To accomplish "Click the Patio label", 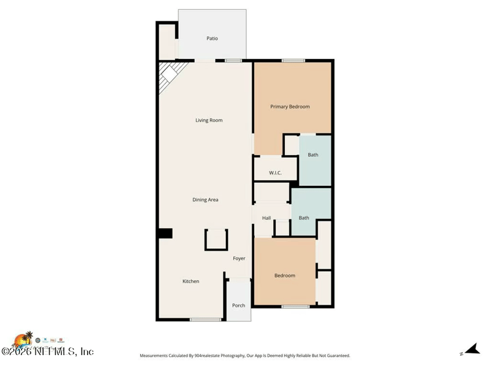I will point(212,39).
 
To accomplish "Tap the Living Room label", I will point(209,120).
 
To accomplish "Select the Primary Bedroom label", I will point(290,107).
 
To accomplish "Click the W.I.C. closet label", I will point(275,173).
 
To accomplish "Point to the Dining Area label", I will point(205,200).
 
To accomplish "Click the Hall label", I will point(266,218).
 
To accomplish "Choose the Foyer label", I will point(239,258).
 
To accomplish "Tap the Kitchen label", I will point(190,282).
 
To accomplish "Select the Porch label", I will point(238,305).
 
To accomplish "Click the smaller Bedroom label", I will point(284,275).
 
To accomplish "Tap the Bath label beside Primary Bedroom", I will point(313,155).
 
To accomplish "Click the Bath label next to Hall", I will point(304,218).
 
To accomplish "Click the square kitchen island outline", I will point(216,239).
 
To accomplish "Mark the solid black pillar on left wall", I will point(165,233).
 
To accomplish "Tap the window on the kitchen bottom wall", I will point(205,320).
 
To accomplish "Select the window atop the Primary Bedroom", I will point(293,60).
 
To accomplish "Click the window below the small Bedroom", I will point(295,306).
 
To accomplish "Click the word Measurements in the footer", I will point(157,356).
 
